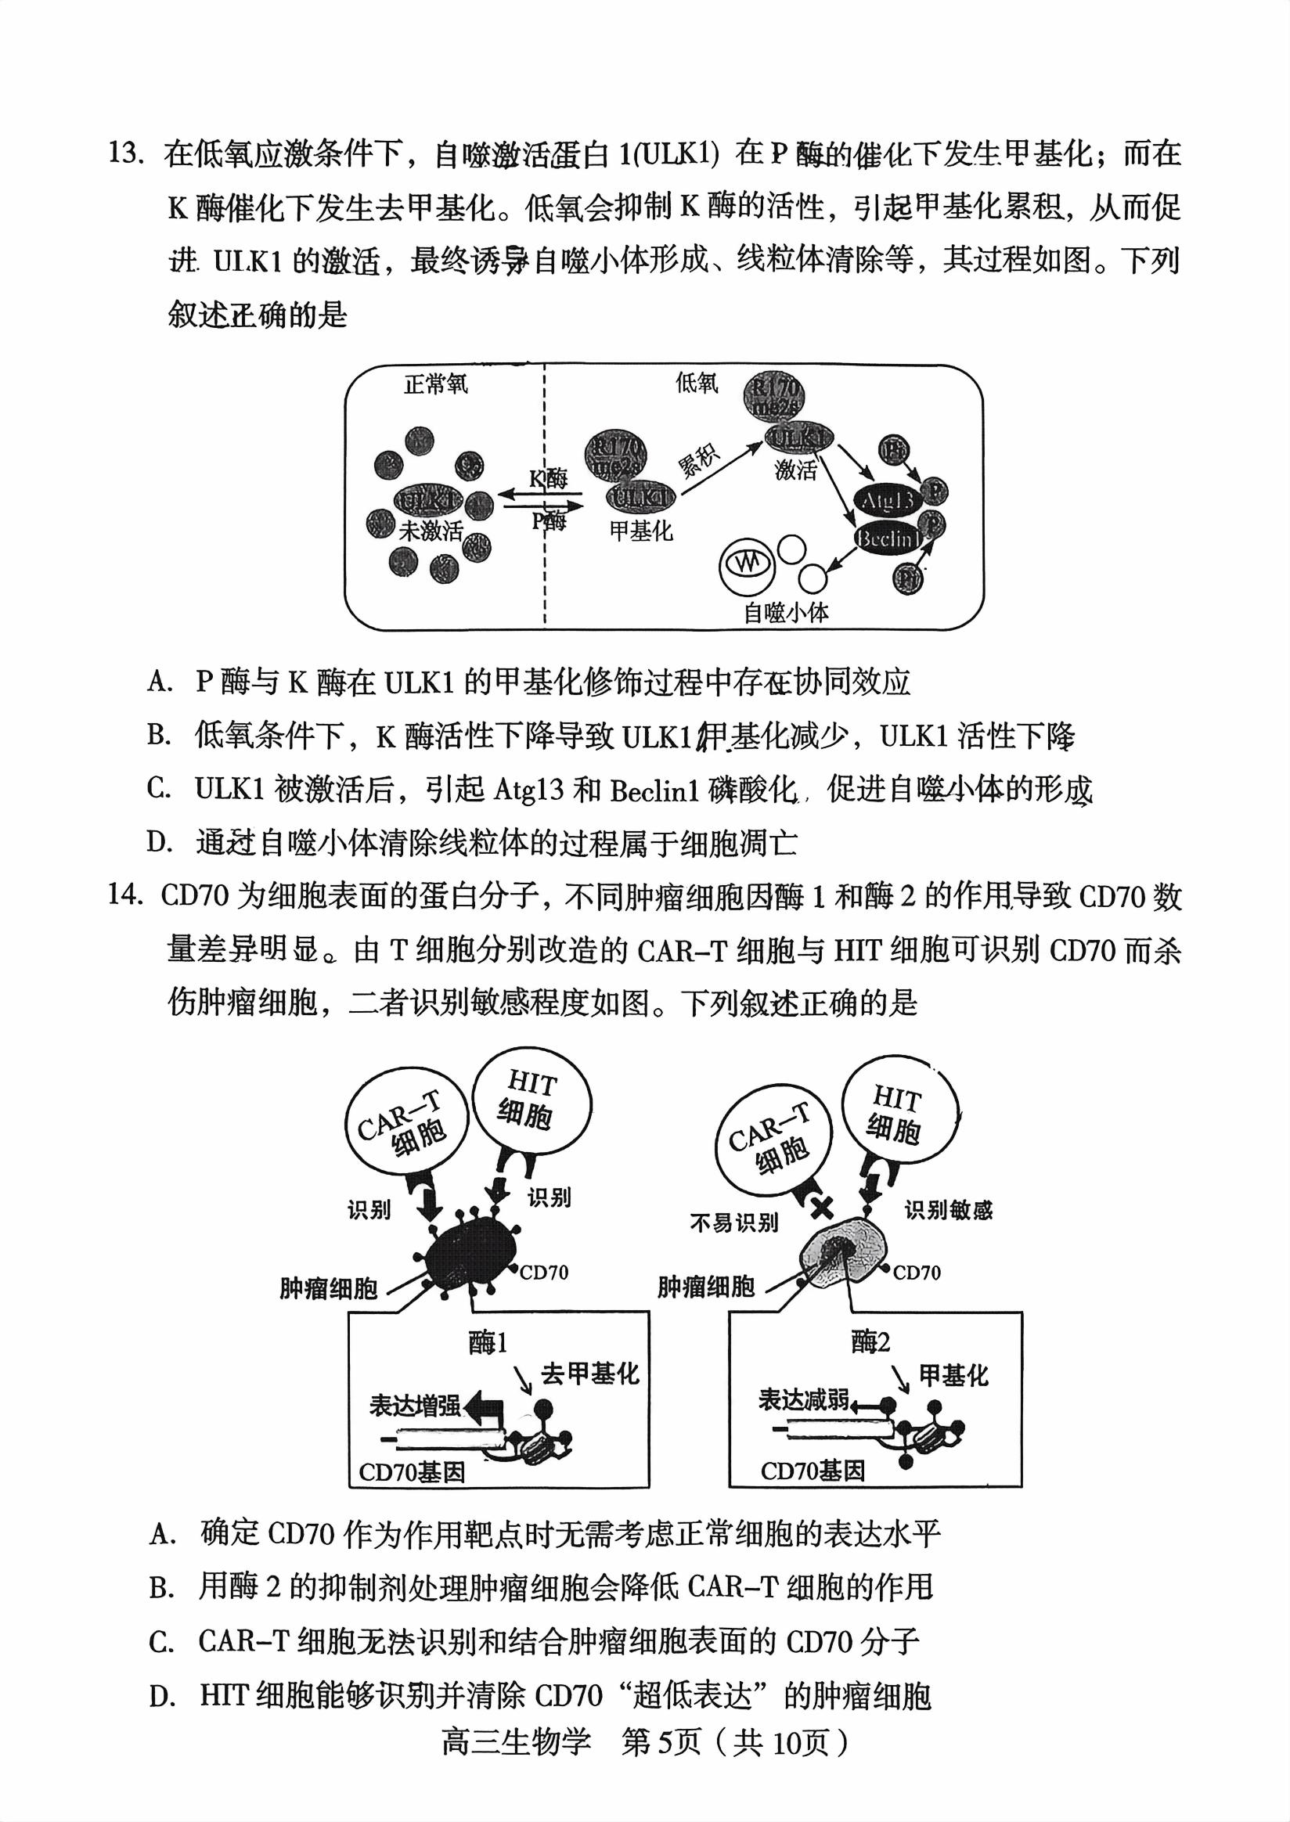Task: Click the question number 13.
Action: click(x=124, y=153)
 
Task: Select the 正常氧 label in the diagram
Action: click(x=436, y=384)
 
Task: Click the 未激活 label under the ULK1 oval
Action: click(x=430, y=530)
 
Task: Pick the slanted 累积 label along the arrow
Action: click(x=698, y=459)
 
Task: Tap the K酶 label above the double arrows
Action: click(x=548, y=478)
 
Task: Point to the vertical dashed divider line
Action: click(x=545, y=572)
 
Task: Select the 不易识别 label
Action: click(x=733, y=1223)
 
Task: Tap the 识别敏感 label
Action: click(x=949, y=1212)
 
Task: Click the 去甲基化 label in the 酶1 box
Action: click(x=589, y=1374)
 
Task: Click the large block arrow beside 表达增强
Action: click(x=484, y=1407)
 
